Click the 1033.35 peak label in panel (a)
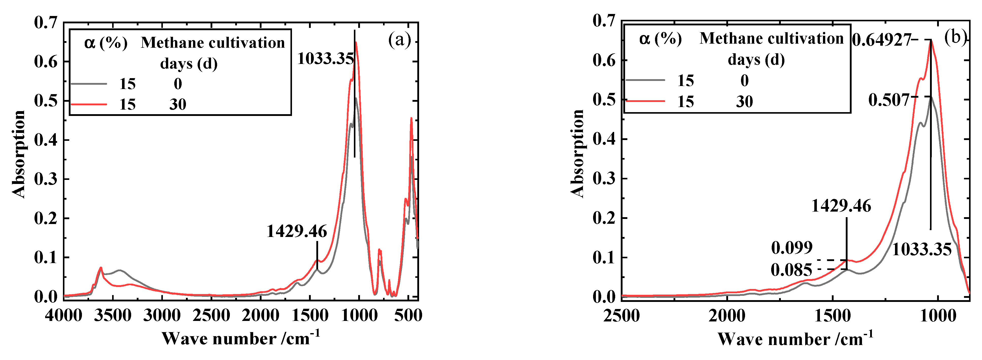pos(325,59)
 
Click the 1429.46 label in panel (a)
pos(297,231)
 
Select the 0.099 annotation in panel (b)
pos(792,248)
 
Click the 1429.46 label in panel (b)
pos(841,206)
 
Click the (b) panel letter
pos(955,37)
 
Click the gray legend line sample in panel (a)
pos(89,83)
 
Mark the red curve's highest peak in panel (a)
pos(356,42)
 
